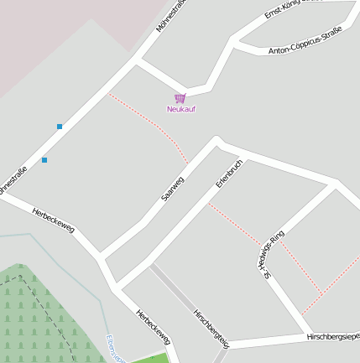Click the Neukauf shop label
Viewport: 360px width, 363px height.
[x=180, y=109]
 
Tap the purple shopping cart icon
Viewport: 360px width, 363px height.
[x=180, y=98]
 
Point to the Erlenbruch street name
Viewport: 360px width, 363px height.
[x=229, y=173]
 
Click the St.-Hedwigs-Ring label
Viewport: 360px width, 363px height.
[x=274, y=254]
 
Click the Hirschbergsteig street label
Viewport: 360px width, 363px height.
[x=211, y=328]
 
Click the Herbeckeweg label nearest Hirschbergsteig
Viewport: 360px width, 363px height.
[x=154, y=327]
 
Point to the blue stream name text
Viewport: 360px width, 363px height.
[x=115, y=349]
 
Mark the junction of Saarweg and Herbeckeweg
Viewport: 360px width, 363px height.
[x=101, y=254]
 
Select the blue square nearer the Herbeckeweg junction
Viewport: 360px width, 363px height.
[x=44, y=159]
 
